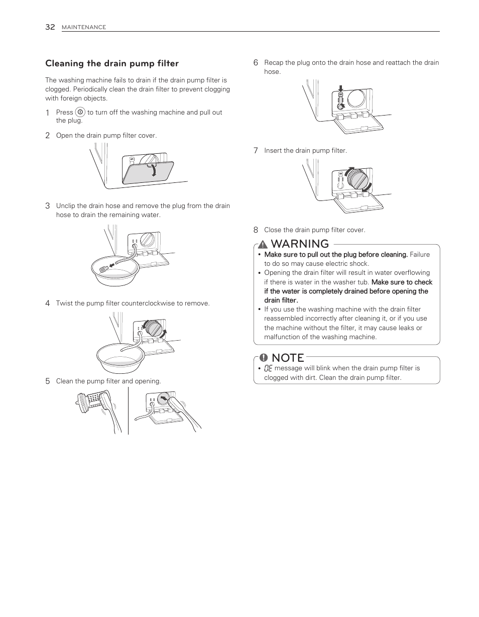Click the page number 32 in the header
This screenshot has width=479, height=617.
click(50, 27)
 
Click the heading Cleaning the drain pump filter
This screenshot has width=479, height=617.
click(112, 63)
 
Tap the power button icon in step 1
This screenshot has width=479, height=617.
click(80, 113)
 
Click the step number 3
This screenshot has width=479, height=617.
click(47, 205)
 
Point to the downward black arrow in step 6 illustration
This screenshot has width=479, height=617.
click(340, 88)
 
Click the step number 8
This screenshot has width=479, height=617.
click(256, 230)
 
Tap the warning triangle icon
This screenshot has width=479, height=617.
click(263, 244)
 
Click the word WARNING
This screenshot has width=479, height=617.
click(300, 244)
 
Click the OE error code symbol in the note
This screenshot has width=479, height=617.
click(268, 368)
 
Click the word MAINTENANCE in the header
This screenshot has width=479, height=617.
click(83, 28)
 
